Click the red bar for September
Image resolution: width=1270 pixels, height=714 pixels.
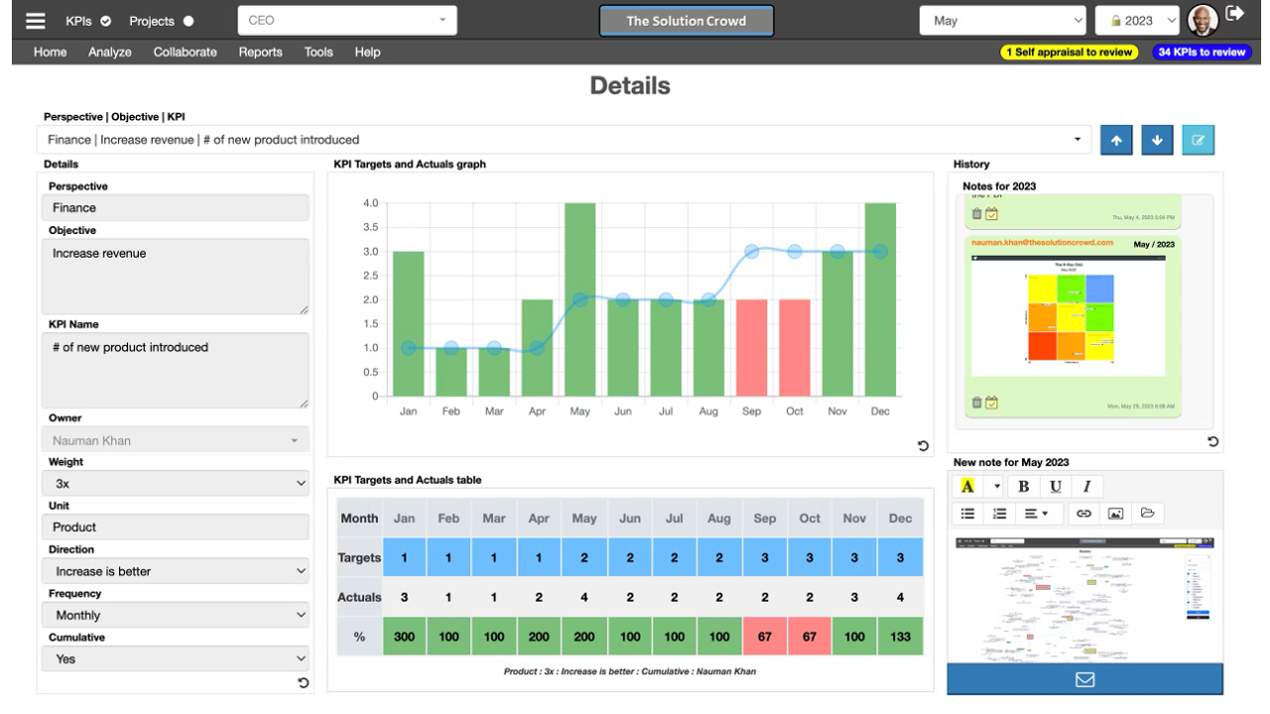point(751,347)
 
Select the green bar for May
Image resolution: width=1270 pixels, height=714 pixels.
point(579,297)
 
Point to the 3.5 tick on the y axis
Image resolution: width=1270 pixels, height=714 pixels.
point(370,227)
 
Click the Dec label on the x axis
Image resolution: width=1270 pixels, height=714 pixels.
point(880,412)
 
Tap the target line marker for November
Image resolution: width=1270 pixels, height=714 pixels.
point(837,252)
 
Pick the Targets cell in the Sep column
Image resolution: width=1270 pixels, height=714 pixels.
point(764,557)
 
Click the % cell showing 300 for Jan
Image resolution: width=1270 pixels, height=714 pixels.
point(404,637)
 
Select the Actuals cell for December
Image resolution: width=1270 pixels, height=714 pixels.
point(900,597)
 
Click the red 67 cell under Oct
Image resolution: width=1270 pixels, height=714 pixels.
point(810,637)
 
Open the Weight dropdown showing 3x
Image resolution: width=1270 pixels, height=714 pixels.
point(176,484)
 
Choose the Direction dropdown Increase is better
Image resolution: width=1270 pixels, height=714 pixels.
point(176,571)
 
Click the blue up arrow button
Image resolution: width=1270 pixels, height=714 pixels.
point(1116,141)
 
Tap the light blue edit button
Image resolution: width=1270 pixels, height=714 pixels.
point(1198,141)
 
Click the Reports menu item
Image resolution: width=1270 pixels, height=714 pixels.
point(260,53)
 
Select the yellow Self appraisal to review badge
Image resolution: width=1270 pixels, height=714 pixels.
point(1069,53)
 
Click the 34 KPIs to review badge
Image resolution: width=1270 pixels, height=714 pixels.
point(1202,53)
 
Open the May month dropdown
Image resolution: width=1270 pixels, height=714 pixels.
point(1003,21)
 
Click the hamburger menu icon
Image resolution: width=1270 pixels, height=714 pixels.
point(36,21)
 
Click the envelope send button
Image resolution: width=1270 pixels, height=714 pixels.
point(1084,679)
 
